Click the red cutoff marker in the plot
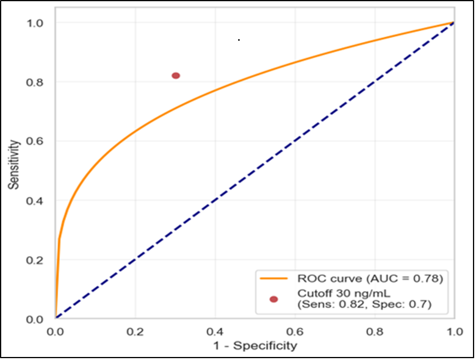click(176, 76)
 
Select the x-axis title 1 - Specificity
click(254, 345)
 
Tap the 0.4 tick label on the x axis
click(215, 332)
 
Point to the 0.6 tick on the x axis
click(295, 332)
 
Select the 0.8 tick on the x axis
click(375, 332)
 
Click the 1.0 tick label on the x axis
click(454, 332)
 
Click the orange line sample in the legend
click(273, 278)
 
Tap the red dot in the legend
click(273, 299)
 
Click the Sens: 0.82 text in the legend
click(333, 304)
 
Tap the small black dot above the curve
click(239, 40)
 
